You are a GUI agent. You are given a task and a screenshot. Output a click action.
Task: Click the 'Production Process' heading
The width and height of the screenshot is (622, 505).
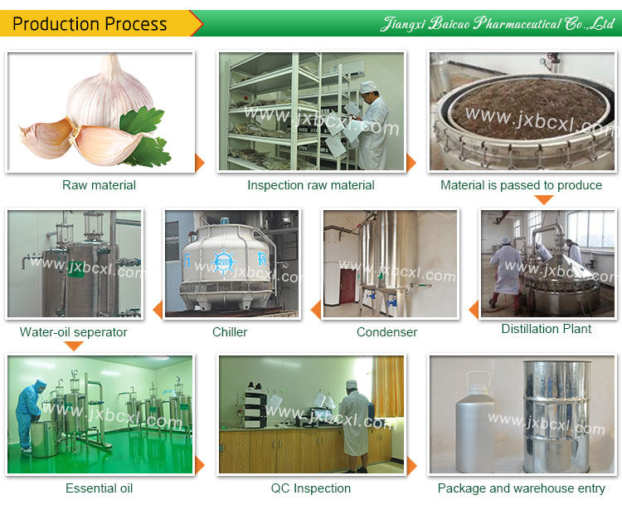(90, 24)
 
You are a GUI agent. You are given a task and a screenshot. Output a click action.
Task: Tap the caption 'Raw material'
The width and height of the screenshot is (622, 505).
(99, 185)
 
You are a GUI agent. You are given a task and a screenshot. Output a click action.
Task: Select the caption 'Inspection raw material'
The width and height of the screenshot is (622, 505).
(311, 185)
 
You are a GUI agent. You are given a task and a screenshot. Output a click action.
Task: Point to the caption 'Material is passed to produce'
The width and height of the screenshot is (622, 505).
(521, 185)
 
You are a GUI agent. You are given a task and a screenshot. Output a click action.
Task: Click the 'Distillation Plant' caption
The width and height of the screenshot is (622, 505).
(546, 329)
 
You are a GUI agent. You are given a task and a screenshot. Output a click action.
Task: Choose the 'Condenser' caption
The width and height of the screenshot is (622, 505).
(386, 332)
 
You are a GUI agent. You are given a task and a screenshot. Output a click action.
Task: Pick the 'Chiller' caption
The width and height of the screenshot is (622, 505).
(230, 332)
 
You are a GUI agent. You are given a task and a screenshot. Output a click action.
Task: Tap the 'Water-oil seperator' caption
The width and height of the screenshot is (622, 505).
(74, 332)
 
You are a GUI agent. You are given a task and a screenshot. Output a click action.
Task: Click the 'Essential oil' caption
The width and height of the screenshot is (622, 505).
(99, 488)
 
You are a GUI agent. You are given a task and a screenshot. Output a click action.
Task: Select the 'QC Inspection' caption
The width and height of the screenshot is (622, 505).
(311, 488)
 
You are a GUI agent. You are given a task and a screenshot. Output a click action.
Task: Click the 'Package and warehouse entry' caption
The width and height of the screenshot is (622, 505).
(521, 488)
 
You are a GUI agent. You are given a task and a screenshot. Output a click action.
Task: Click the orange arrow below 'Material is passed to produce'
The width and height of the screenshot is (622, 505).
(543, 199)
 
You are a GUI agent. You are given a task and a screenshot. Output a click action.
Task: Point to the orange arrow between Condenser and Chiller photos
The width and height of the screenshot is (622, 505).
(315, 311)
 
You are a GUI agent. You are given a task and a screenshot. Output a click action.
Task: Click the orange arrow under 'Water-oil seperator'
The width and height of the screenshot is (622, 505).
(74, 346)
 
